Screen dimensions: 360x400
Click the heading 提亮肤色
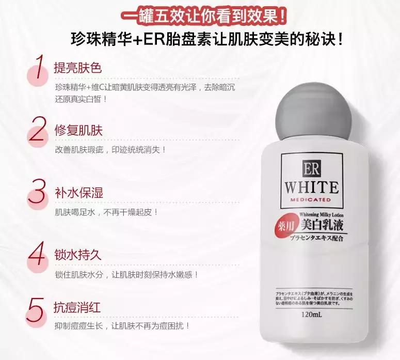coord(78,68)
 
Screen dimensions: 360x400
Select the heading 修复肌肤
coord(78,130)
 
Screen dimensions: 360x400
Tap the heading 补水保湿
coord(78,193)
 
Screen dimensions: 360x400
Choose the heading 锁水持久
coord(78,255)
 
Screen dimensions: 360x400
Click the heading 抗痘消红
coord(78,308)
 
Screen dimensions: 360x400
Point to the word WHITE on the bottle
coord(310,187)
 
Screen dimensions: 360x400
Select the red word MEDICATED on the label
coord(310,199)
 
